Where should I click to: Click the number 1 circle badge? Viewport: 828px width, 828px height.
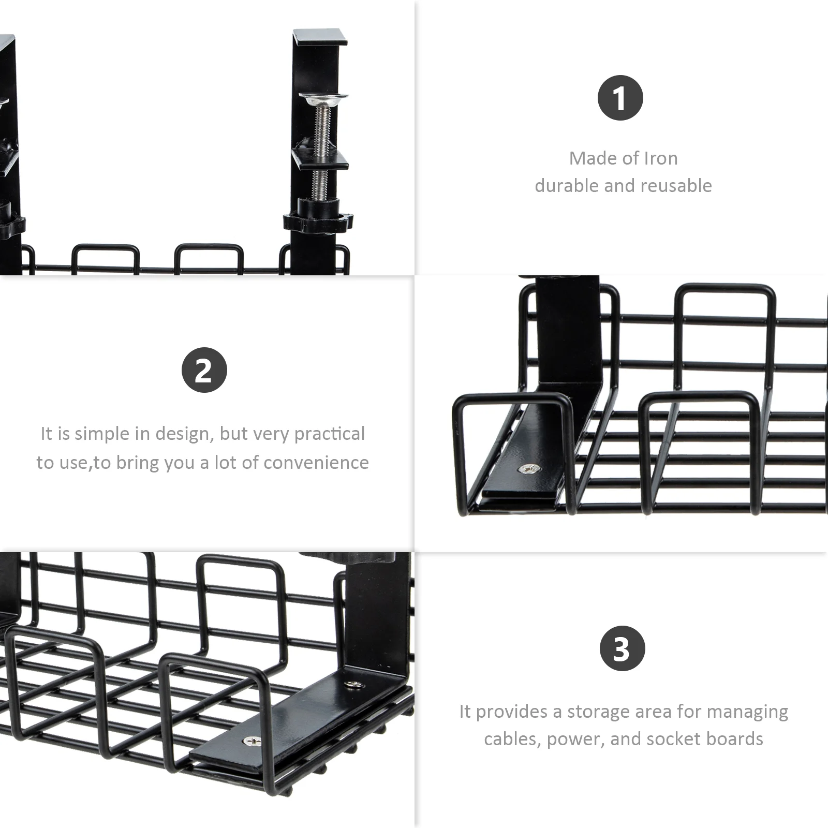coord(620,98)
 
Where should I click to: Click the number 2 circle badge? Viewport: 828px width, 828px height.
coord(204,370)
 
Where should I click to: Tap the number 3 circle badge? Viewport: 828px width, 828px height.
coord(623,648)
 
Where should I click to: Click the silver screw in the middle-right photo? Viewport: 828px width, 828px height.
coord(529,469)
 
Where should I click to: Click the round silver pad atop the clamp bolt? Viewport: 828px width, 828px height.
coord(323,97)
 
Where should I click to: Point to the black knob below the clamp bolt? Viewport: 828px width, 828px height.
coord(318,221)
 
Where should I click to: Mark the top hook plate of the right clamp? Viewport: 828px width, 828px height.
coord(319,37)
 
